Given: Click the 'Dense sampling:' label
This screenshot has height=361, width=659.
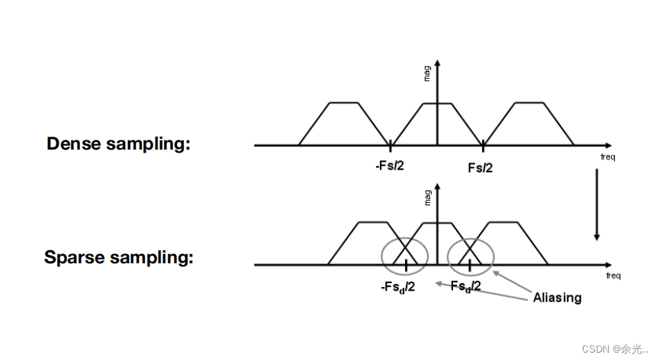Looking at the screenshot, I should (x=118, y=143).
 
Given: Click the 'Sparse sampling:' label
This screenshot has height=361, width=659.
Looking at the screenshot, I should (x=118, y=257).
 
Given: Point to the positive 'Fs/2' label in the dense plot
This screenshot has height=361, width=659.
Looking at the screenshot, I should (x=480, y=167).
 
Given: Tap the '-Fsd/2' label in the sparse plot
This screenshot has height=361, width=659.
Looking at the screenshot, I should (x=399, y=287).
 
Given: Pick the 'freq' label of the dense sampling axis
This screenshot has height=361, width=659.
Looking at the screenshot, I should (x=608, y=156).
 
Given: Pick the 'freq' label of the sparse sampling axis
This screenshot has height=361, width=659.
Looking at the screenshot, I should (x=612, y=276).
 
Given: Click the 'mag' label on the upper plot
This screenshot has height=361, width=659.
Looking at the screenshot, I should (x=428, y=73).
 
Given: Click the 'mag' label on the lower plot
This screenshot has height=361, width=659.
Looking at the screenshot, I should (x=428, y=196).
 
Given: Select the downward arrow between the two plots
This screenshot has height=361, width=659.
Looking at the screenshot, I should (x=596, y=205).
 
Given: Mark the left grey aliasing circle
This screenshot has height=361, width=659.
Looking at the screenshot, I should (x=406, y=255).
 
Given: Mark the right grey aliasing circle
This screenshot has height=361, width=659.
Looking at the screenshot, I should (x=471, y=255).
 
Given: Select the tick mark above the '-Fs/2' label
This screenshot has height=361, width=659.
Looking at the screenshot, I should (x=391, y=144).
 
